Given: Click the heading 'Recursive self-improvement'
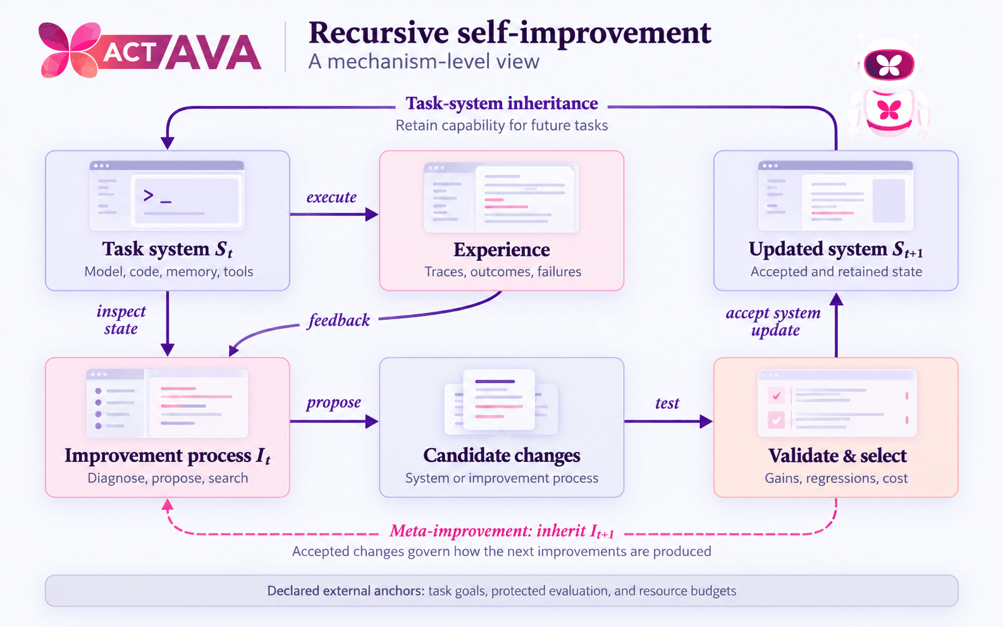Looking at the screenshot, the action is pos(510,33).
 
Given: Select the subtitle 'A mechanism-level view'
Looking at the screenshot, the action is pos(424,62).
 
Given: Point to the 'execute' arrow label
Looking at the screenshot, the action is pos(331,197).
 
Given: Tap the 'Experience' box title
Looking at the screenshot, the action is pos(501,250).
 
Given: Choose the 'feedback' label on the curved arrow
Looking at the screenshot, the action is pos(339,320).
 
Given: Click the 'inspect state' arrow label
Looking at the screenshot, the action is pos(121,320).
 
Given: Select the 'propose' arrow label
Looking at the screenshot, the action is pos(333,403).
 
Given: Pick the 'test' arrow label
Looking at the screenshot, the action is pos(667,403).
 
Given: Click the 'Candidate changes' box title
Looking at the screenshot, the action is pos(501,456).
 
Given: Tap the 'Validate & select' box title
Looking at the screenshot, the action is pos(837,456).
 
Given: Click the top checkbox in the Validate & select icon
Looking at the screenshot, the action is pos(776,396).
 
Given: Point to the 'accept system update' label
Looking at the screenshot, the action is pos(773,321).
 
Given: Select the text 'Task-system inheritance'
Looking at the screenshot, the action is pos(501,104).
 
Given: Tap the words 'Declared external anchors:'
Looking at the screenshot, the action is pos(346,591).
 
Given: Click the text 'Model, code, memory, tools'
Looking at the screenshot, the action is pos(169,272).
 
